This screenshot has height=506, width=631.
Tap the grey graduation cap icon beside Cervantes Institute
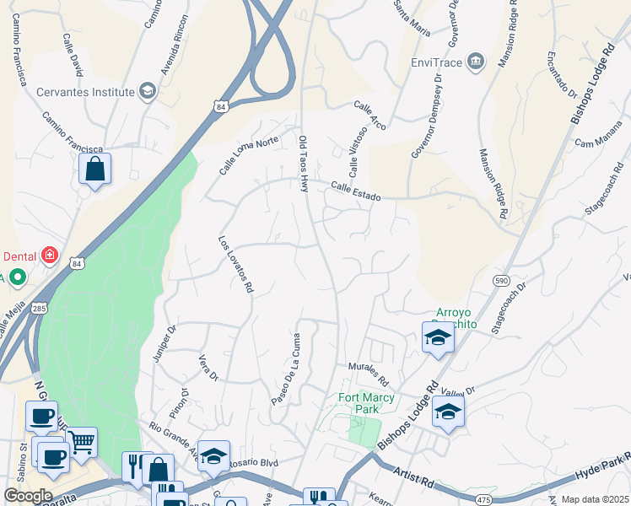(148, 91)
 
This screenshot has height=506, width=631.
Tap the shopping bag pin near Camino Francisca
(95, 169)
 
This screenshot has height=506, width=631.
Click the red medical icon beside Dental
(50, 255)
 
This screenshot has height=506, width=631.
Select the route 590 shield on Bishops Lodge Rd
(500, 279)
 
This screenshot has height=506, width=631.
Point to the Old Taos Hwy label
(304, 164)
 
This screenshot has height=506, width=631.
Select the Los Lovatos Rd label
(236, 263)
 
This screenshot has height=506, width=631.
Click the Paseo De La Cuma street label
(286, 369)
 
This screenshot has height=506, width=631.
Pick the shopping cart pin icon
(82, 440)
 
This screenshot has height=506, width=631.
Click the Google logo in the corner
(28, 496)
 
